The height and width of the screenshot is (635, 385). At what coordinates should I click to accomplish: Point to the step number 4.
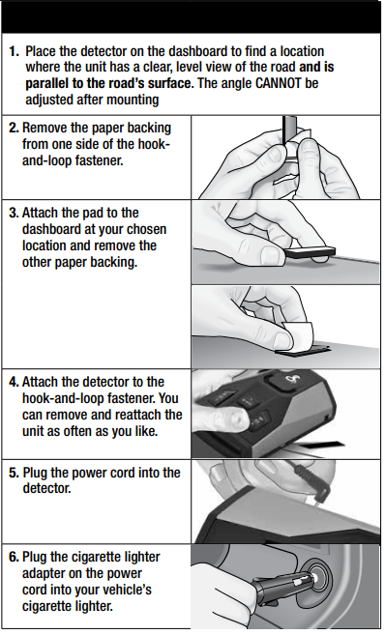pyautogui.click(x=13, y=382)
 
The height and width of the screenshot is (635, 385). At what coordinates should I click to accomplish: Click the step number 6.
pyautogui.click(x=13, y=558)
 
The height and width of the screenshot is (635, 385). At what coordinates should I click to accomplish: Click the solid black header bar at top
pyautogui.click(x=192, y=16)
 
